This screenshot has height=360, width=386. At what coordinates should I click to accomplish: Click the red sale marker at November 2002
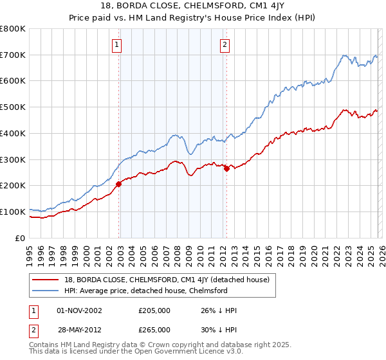pyautogui.click(x=118, y=184)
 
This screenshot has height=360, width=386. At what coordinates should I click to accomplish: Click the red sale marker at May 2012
pyautogui.click(x=226, y=168)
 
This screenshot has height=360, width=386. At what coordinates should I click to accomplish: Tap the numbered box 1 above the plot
pyautogui.click(x=117, y=44)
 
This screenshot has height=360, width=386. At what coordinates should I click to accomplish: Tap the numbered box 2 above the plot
pyautogui.click(x=225, y=44)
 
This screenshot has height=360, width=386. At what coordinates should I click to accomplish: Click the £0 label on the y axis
pyautogui.click(x=21, y=238)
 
